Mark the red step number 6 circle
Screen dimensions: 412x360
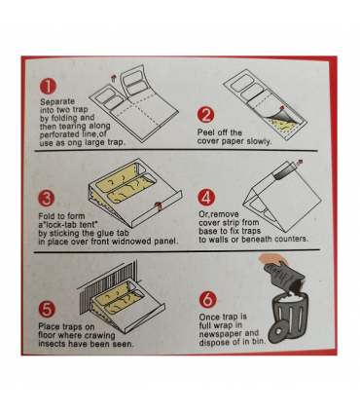(206, 299)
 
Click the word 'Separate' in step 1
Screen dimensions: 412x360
(57, 101)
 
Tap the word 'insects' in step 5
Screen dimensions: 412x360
(54, 344)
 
